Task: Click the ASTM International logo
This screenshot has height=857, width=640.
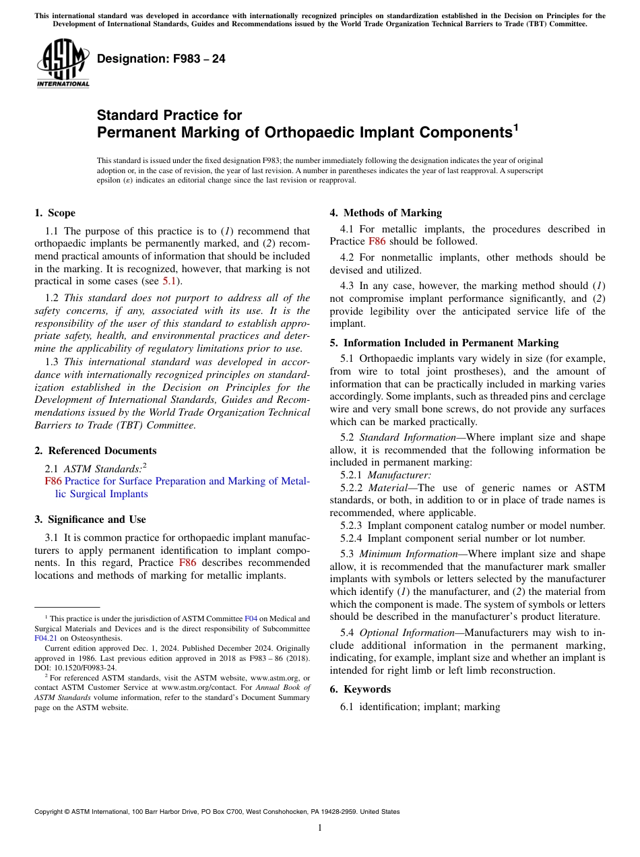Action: [x=63, y=63]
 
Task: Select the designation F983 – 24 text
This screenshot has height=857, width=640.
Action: [x=161, y=59]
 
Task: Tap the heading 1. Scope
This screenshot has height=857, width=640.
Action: [x=55, y=213]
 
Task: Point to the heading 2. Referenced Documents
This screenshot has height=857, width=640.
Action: [x=95, y=451]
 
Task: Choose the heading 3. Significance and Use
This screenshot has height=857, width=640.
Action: [x=90, y=519]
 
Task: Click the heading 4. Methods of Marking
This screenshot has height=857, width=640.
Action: [x=385, y=213]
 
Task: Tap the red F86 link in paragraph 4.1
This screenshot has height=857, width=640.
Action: [x=377, y=241]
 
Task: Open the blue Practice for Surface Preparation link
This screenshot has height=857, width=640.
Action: [x=187, y=481]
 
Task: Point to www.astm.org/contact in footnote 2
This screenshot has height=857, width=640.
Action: [x=191, y=688]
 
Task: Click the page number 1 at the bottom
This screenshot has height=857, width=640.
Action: [x=320, y=828]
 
